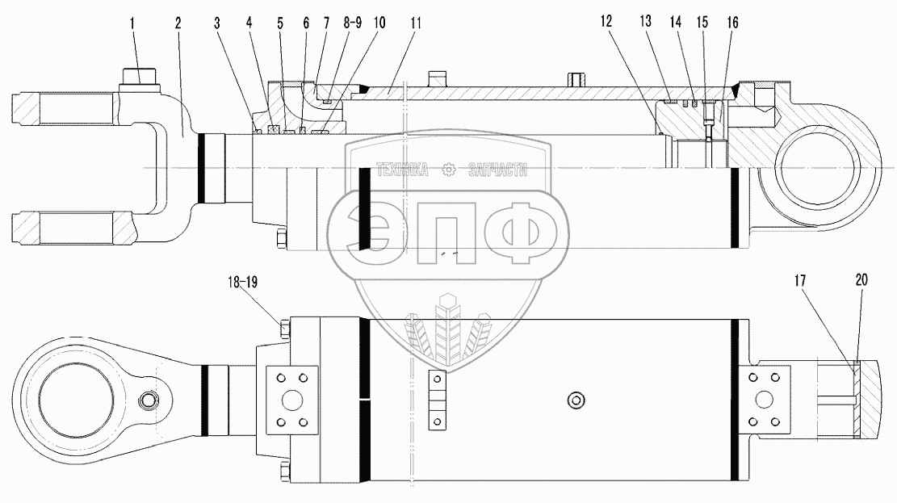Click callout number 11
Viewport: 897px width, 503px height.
tap(415, 23)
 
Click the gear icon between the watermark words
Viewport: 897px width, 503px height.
tap(449, 170)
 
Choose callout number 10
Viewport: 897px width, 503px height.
tap(379, 23)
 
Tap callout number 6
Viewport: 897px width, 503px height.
tap(306, 23)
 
